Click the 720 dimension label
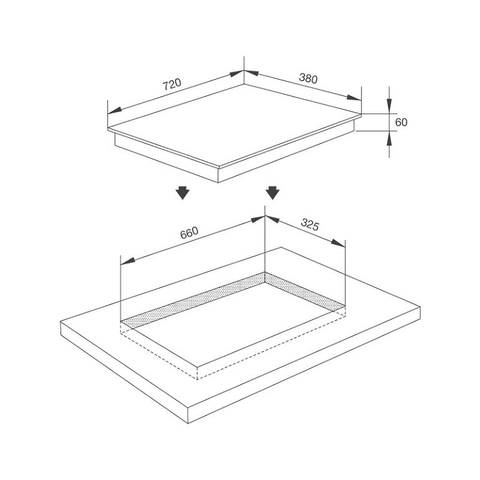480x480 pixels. [x=171, y=85]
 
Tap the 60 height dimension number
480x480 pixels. [x=401, y=122]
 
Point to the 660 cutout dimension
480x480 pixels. [x=189, y=233]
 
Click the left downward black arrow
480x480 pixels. [x=181, y=193]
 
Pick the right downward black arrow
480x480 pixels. [x=272, y=193]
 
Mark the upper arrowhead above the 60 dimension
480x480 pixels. [x=390, y=108]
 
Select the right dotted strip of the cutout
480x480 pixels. [x=305, y=292]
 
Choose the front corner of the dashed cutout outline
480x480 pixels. [x=198, y=379]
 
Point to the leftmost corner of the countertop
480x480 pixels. [x=60, y=322]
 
